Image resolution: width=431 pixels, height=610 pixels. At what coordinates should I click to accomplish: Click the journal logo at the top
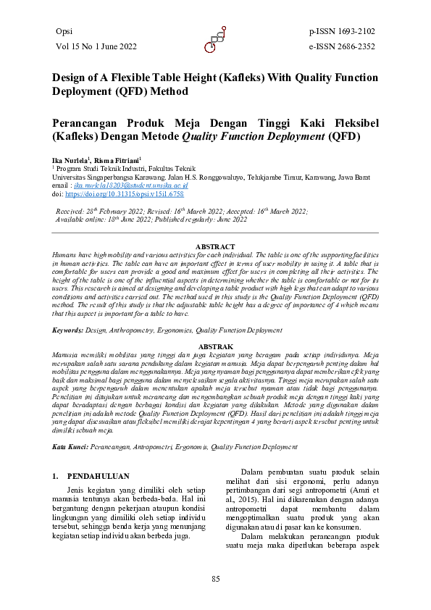click(215, 41)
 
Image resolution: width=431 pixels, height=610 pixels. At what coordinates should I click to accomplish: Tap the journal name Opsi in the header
click(64, 31)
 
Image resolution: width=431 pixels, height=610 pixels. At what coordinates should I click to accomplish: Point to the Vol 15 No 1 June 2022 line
click(96, 46)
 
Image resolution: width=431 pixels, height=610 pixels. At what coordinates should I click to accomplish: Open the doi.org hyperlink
click(124, 195)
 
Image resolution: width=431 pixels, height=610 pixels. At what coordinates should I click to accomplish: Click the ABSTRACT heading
click(215, 247)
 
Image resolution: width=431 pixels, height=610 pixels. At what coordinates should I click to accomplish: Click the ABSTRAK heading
click(215, 347)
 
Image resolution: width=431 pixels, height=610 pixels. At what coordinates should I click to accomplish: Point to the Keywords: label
click(68, 330)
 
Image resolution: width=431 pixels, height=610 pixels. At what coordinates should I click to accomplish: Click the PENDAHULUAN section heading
click(98, 476)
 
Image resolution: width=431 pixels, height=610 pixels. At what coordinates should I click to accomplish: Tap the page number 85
click(215, 577)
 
